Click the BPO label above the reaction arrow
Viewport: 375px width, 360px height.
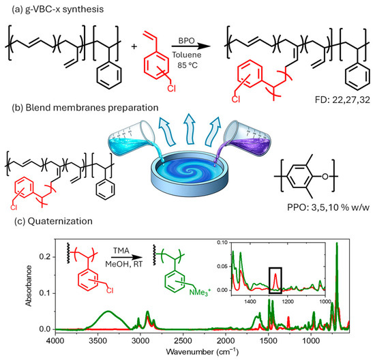[x=187, y=41]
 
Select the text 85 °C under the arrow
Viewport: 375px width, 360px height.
[x=187, y=65]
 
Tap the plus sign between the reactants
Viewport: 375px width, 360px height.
[x=134, y=46]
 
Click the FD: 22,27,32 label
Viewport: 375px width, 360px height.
[x=342, y=100]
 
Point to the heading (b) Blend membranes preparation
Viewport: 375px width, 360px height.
[x=85, y=108]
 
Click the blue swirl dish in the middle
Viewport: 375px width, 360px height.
[x=190, y=175]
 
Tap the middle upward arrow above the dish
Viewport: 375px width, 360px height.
[x=190, y=129]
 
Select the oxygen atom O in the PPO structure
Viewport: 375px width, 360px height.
[x=325, y=177]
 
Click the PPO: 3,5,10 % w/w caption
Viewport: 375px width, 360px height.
[x=328, y=207]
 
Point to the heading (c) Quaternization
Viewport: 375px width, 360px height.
[x=54, y=222]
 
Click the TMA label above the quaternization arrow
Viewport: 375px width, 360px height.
[x=121, y=250]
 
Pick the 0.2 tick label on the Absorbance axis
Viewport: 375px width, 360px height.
[x=45, y=257]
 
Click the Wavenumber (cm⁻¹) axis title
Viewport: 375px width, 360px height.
[x=202, y=352]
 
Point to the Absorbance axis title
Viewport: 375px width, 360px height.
[x=29, y=286]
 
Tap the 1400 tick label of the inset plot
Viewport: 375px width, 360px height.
[x=250, y=301]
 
